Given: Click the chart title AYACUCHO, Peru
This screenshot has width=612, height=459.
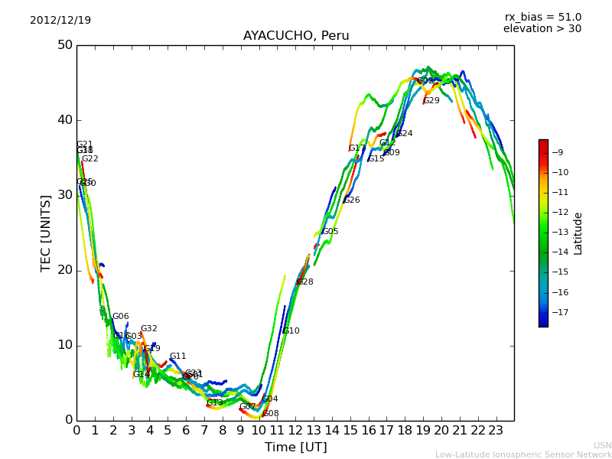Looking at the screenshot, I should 296,36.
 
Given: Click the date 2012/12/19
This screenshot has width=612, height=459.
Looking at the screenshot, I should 60,20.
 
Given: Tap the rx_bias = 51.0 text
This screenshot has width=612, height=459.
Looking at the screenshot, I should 542,17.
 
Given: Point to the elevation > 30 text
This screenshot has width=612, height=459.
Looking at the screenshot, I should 542,29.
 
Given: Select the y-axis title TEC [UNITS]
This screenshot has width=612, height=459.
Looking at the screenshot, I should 47,233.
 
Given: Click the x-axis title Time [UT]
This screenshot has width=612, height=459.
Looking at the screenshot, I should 295,448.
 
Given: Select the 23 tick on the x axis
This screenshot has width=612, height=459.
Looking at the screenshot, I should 496,431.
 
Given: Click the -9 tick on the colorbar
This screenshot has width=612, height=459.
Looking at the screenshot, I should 558,153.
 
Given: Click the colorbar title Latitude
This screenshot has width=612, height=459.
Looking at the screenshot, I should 578,233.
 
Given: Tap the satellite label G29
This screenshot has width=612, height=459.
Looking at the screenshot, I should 431,101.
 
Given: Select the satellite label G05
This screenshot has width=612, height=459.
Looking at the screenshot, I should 330,232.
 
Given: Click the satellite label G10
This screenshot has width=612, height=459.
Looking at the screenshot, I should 291,331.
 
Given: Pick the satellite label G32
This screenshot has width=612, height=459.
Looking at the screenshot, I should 148,329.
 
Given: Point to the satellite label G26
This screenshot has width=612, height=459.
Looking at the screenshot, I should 352,200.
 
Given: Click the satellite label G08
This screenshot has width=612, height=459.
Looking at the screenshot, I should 271,414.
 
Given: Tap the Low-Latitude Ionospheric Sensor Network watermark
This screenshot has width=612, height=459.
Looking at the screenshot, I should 523,454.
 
